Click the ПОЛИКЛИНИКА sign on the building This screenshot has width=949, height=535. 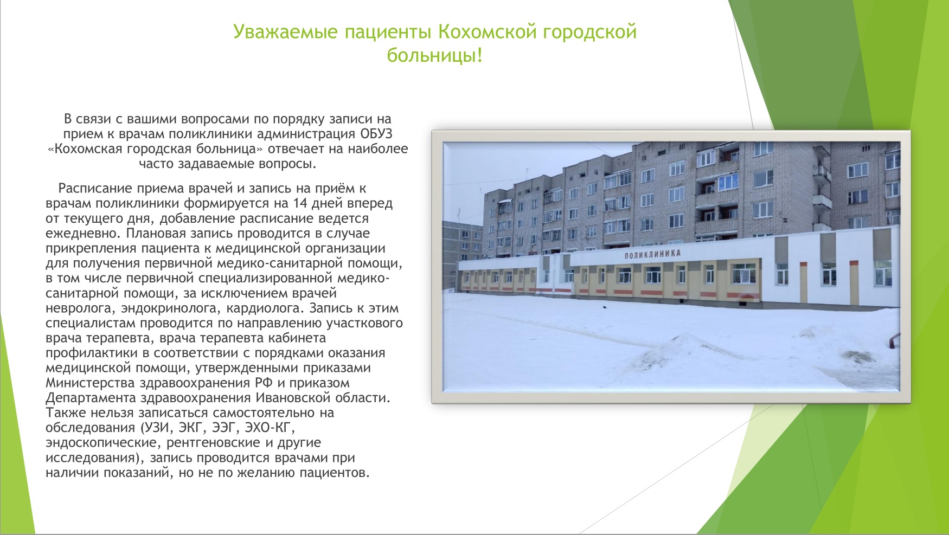652,254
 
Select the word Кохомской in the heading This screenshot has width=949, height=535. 486,32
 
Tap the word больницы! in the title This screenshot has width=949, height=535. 434,55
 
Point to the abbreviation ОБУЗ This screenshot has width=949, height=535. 376,134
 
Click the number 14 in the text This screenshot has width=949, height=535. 300,203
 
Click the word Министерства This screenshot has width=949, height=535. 91,383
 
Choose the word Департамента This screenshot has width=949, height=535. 91,398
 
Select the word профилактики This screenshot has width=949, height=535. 92,353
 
